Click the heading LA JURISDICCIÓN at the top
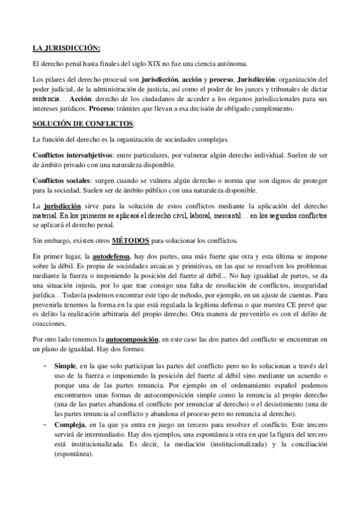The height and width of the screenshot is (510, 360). (x=66, y=48)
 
